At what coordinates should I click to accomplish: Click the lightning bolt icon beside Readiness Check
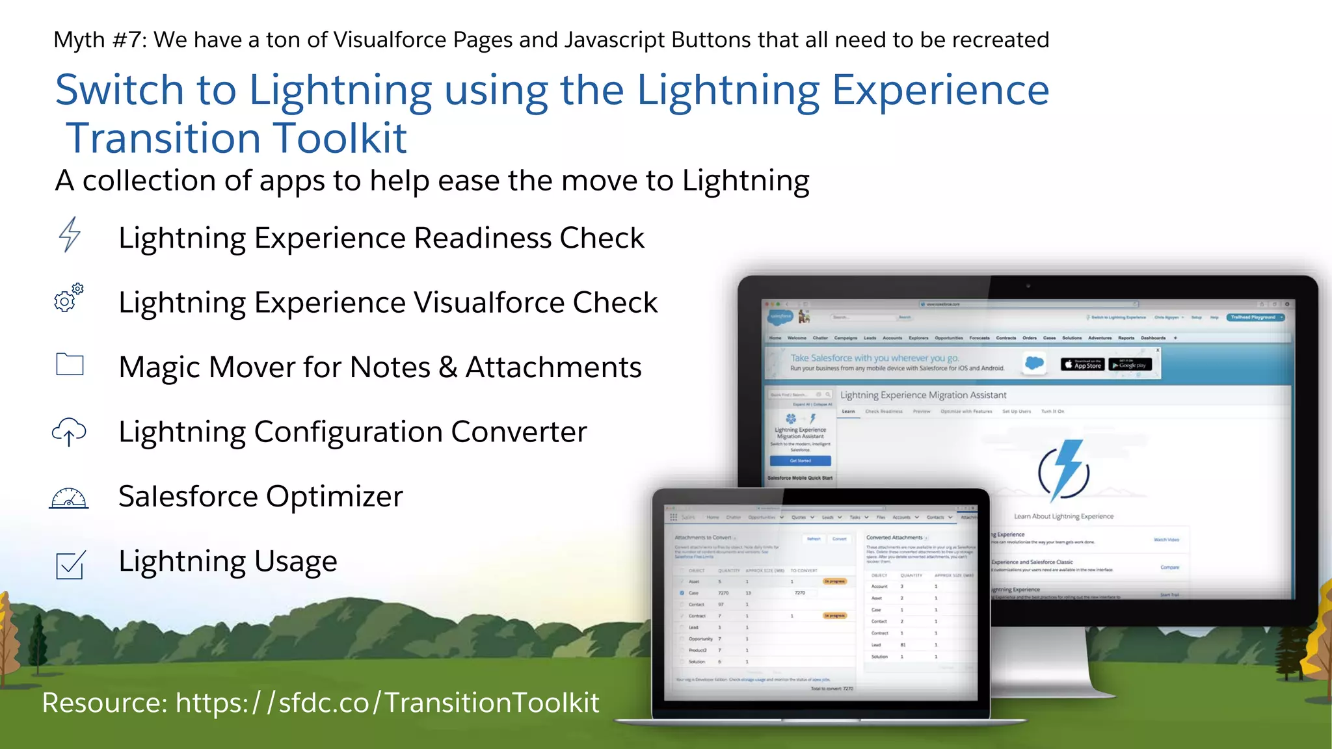(x=70, y=235)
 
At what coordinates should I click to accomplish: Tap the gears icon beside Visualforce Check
(x=68, y=298)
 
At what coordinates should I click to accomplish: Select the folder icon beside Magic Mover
(x=70, y=364)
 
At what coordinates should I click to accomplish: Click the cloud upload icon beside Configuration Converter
(x=69, y=431)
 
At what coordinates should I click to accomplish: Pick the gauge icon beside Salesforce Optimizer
(x=69, y=498)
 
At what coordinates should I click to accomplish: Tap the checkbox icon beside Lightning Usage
(x=70, y=564)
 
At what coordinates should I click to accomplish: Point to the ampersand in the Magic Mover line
(x=447, y=367)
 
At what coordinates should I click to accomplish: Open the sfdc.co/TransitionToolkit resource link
(x=387, y=703)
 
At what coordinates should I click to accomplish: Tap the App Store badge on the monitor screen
(x=1082, y=365)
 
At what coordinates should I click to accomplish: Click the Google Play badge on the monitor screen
(x=1130, y=365)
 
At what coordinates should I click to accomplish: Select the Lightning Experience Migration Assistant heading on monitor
(x=923, y=395)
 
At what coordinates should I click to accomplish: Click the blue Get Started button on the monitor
(x=800, y=461)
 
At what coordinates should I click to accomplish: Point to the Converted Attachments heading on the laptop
(x=894, y=538)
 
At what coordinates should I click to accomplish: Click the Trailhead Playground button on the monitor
(x=1255, y=317)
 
